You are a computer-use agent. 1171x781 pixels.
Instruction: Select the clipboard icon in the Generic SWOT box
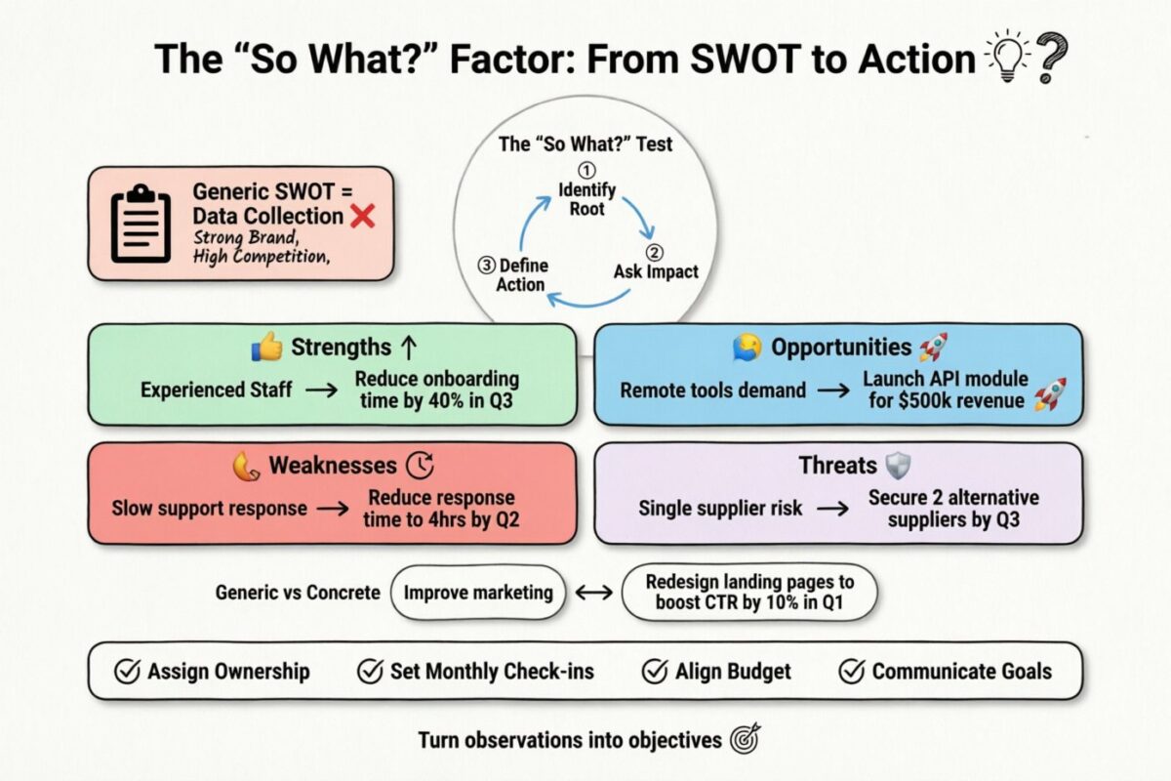pos(141,226)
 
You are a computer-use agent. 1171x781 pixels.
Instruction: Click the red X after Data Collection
pos(362,216)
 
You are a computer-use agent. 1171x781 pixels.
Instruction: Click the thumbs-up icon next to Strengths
pos(266,348)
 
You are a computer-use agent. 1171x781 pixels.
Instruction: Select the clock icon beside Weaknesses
pos(420,465)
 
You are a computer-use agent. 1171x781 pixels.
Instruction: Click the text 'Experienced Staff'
pos(216,390)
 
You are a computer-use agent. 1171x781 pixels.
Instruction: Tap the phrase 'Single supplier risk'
pos(720,509)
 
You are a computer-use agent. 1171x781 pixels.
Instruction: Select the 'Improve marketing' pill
pos(478,593)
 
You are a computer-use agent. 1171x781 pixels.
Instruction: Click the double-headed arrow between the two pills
pos(593,593)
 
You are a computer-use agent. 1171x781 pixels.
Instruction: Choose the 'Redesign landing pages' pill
pos(748,593)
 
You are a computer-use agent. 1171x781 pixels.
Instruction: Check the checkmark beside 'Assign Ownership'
pos(127,672)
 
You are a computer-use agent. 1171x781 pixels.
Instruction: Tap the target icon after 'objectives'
pos(744,740)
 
